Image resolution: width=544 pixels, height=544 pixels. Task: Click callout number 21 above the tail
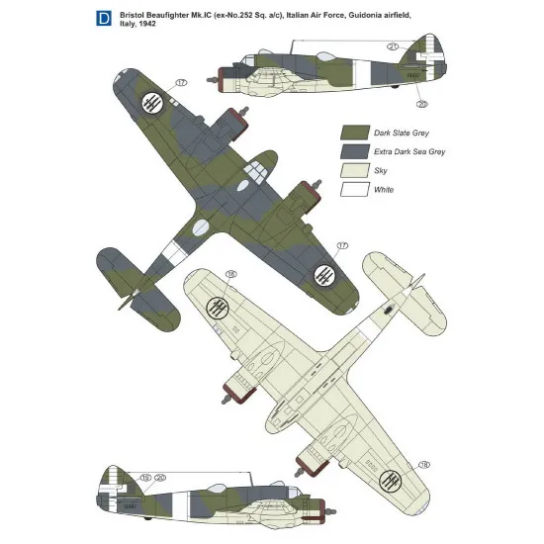pyautogui.click(x=393, y=46)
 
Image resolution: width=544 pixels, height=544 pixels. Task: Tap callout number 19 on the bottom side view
pyautogui.click(x=145, y=477)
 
